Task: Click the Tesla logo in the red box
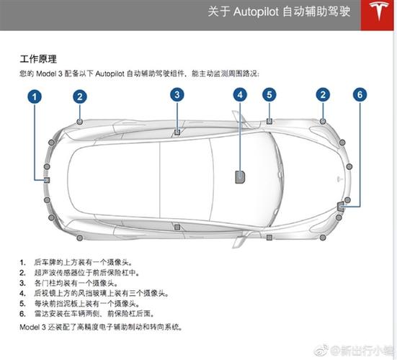(378, 11)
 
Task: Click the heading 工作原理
(38, 59)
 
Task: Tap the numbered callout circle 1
(35, 97)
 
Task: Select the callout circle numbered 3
(177, 95)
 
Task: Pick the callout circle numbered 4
(240, 95)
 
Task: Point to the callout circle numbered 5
(269, 95)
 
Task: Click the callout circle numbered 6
(360, 95)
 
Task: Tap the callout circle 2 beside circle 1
(80, 97)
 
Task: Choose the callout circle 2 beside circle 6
(323, 95)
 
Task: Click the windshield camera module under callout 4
(240, 177)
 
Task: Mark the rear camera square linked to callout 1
(47, 180)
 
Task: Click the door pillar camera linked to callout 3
(177, 132)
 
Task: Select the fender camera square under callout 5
(269, 121)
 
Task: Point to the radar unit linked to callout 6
(340, 207)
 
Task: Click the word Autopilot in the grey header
(256, 12)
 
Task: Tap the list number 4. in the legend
(22, 294)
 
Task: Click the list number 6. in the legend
(22, 314)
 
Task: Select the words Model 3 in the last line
(32, 327)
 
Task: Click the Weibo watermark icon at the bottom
(321, 351)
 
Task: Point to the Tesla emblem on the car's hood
(340, 179)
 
